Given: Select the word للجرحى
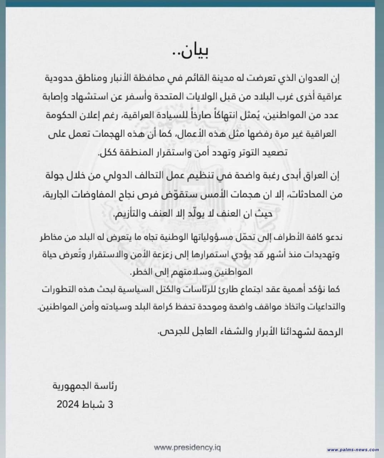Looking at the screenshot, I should point(172,332).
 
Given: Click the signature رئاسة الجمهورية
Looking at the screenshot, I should point(85,386).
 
